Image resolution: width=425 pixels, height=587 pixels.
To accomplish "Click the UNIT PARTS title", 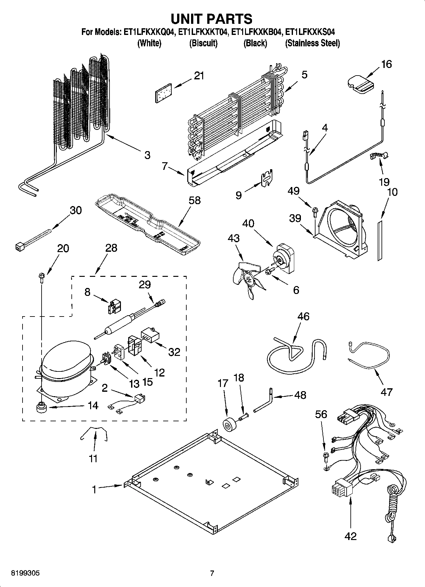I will (212, 19).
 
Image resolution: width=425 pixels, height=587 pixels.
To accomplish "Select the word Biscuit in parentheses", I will (203, 43).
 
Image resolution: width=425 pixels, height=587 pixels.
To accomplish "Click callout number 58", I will (194, 200).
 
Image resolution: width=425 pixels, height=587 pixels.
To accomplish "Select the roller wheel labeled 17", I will (228, 425).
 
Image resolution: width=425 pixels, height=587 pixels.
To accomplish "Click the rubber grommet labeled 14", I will (41, 407).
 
